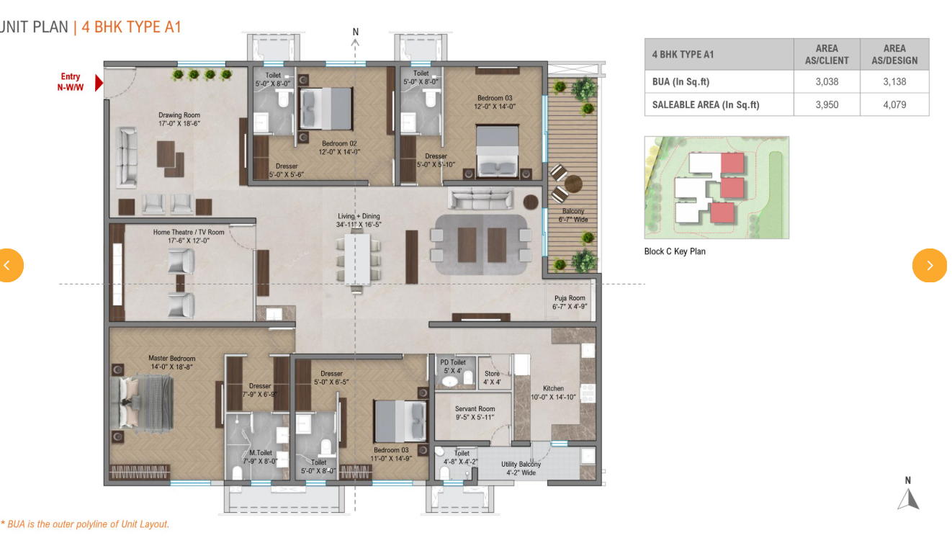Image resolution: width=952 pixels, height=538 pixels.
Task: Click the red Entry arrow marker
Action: [x=99, y=83]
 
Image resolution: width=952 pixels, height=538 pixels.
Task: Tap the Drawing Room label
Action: [x=179, y=119]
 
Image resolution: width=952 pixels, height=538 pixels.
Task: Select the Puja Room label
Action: [x=570, y=302]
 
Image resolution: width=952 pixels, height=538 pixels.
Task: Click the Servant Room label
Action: [x=475, y=413]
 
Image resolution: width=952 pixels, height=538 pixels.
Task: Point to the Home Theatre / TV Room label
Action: [x=189, y=236]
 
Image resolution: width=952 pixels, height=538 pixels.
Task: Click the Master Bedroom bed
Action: [x=142, y=403]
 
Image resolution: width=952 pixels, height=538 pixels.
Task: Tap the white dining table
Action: [x=357, y=259]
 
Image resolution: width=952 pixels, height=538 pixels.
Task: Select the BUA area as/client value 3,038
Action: [x=827, y=81]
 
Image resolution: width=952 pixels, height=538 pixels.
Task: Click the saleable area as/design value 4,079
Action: [x=894, y=104]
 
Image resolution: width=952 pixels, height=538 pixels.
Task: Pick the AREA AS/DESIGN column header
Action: [x=894, y=55]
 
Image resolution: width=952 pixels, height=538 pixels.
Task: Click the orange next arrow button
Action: [x=930, y=266]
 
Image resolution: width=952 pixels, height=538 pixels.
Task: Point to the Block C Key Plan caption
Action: [x=675, y=251]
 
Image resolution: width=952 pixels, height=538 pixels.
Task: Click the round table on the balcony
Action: [x=573, y=184]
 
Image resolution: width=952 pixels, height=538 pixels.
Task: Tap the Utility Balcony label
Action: [x=521, y=468]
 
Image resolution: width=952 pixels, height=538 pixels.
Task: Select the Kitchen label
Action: [x=553, y=393]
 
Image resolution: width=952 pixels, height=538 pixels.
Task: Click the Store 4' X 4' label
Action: [x=492, y=377]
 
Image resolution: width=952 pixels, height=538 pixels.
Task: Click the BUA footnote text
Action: [x=85, y=524]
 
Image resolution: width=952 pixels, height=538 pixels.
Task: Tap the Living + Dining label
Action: [x=359, y=220]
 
